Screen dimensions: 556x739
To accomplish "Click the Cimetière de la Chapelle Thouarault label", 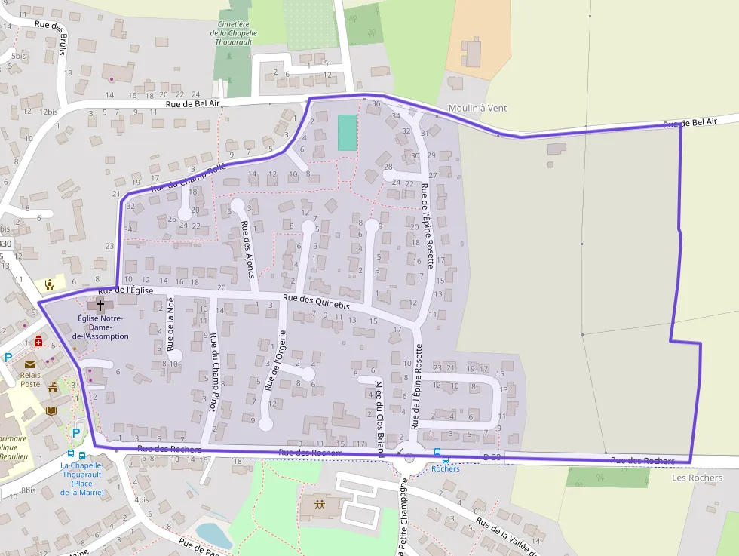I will click(x=234, y=33).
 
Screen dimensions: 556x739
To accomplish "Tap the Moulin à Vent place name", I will click(x=477, y=108).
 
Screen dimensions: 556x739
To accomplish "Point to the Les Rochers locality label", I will click(x=697, y=478).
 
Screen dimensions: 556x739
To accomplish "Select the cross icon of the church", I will click(x=100, y=306).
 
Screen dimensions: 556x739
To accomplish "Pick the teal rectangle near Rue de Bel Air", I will click(x=346, y=132).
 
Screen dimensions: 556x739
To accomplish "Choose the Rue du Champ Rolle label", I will click(x=188, y=178).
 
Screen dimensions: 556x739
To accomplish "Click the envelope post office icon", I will click(x=30, y=364).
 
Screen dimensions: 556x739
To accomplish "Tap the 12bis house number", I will click(x=48, y=112).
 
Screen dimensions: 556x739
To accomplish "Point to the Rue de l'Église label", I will click(x=126, y=290).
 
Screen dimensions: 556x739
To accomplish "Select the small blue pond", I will click(x=213, y=535).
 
